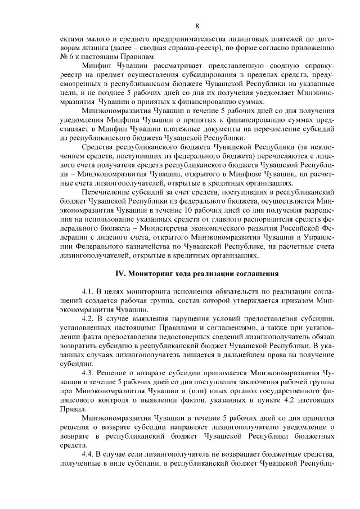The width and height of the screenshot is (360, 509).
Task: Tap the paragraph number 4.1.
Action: coord(88,294)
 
